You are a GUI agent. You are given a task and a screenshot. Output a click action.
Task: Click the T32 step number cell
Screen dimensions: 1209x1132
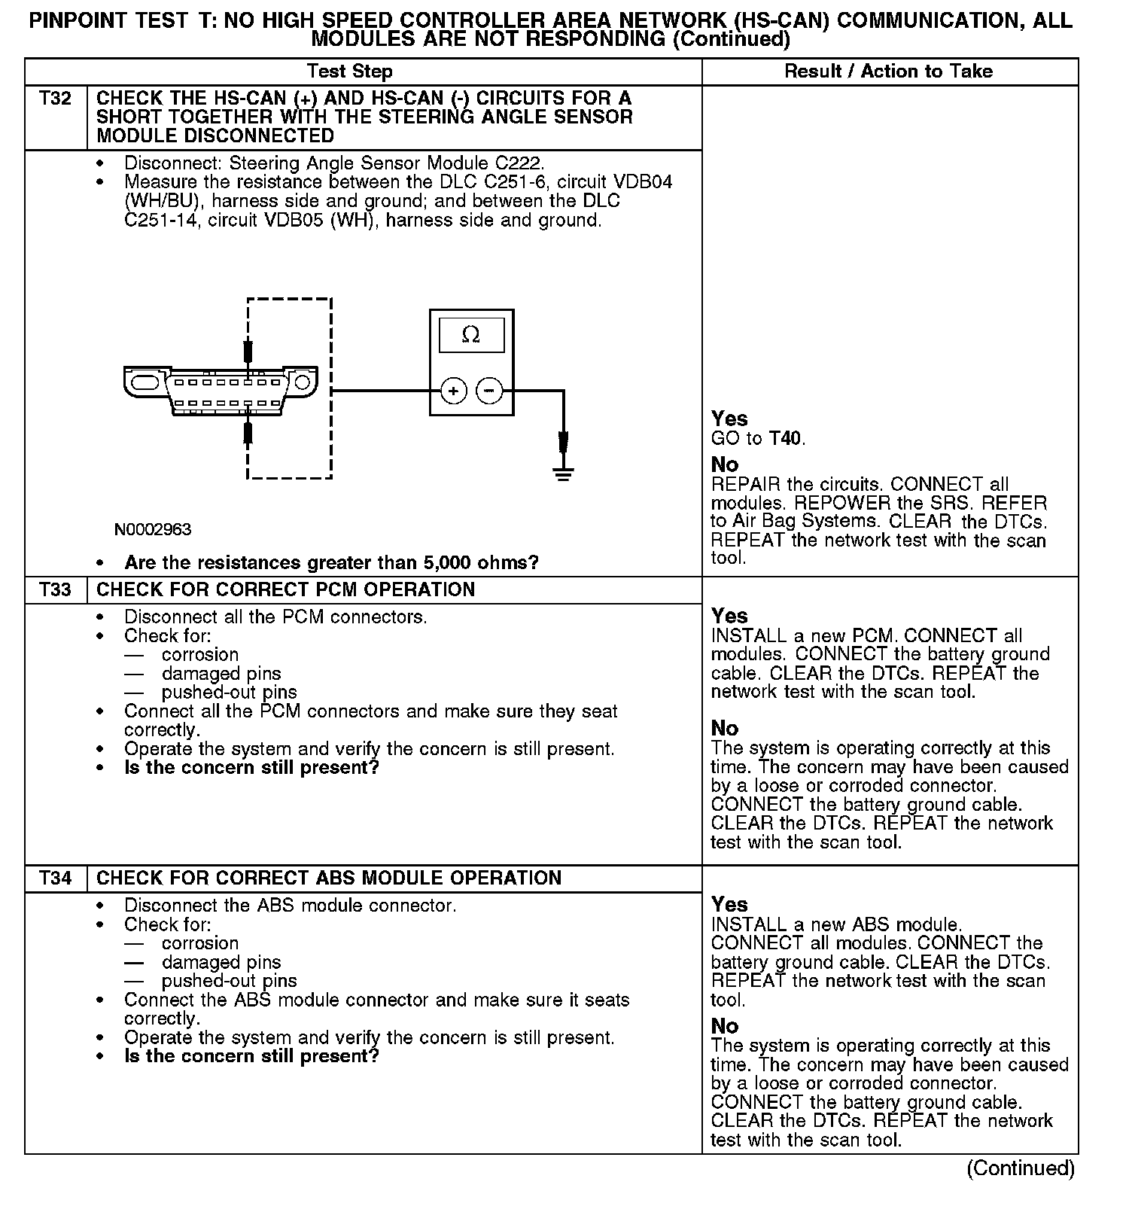tap(55, 99)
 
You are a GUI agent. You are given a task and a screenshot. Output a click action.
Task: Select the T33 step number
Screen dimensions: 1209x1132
tap(55, 589)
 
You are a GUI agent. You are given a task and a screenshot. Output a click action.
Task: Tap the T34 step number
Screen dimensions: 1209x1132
tap(55, 879)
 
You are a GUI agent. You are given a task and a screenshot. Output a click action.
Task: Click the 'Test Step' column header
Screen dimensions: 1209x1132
tap(349, 72)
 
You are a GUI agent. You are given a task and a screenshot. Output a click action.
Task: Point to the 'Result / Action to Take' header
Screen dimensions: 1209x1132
tap(888, 72)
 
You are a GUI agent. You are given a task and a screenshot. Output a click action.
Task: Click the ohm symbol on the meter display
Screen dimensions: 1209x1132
tap(471, 335)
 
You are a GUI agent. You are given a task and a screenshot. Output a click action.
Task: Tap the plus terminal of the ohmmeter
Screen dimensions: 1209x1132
tap(453, 391)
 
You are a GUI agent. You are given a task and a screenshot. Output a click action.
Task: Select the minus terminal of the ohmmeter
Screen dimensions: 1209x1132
tap(489, 391)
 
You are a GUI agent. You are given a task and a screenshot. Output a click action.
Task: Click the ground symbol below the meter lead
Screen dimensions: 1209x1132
tap(563, 474)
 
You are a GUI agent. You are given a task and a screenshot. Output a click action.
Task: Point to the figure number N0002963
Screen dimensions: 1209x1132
tap(153, 529)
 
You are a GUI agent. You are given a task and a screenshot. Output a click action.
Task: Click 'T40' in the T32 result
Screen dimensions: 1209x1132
tap(787, 438)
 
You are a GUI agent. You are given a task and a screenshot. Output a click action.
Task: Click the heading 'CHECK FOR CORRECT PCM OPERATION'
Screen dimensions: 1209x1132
tap(286, 589)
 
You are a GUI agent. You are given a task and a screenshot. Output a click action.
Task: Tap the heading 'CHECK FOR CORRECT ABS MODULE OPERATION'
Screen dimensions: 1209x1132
tap(329, 879)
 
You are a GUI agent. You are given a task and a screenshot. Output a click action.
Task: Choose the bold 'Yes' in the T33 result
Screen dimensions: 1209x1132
tap(729, 616)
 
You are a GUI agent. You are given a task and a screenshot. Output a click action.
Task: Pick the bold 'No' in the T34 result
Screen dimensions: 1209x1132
tap(725, 1025)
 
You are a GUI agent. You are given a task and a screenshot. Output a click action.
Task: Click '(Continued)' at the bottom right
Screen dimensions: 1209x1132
tap(1021, 1168)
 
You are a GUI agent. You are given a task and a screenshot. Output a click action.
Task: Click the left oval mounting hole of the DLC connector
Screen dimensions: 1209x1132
tap(144, 382)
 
